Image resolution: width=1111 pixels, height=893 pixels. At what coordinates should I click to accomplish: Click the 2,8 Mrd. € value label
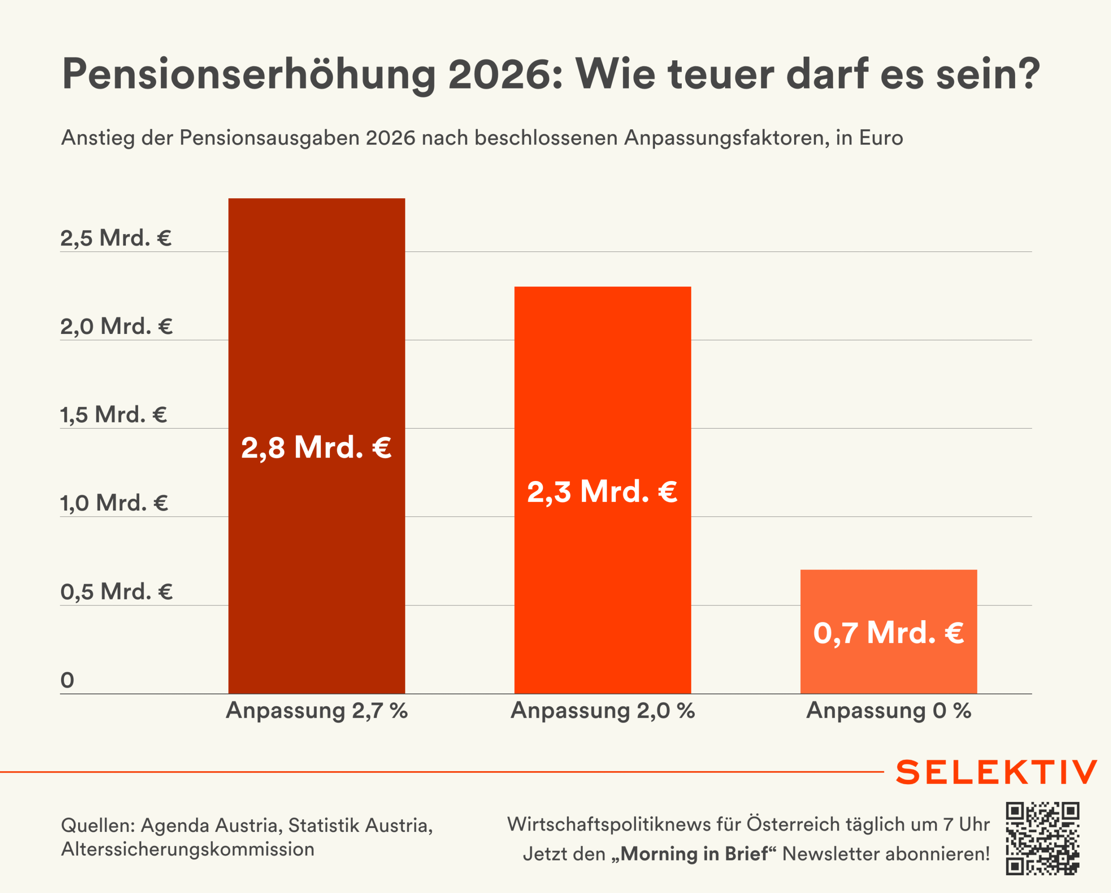(x=316, y=447)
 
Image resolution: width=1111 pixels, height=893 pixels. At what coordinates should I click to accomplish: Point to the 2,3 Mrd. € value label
(x=602, y=491)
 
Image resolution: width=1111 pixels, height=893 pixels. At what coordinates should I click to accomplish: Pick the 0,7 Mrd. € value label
(x=888, y=632)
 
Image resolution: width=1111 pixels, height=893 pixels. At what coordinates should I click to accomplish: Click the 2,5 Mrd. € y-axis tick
(x=116, y=238)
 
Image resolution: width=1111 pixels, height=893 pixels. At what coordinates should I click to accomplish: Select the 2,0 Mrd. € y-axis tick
(x=116, y=327)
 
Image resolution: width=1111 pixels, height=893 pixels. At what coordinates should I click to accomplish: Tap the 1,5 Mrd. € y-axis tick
(x=114, y=415)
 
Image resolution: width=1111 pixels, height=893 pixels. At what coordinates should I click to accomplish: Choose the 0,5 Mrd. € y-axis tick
(x=116, y=592)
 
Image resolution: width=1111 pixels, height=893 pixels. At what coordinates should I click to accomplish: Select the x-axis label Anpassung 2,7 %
(x=316, y=711)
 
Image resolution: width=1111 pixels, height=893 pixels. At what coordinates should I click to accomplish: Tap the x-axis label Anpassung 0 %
(x=888, y=711)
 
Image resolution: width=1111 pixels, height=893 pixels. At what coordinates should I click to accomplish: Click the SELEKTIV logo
(x=996, y=772)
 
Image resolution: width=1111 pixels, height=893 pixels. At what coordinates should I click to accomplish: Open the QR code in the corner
(x=1042, y=838)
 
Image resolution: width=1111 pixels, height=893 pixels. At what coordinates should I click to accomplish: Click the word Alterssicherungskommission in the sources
(x=187, y=849)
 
